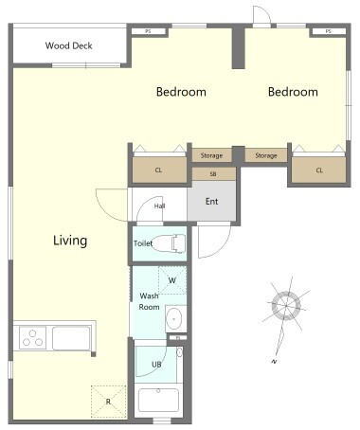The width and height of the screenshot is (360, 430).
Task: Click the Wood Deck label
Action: click(x=68, y=45)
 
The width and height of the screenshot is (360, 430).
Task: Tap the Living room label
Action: click(x=70, y=241)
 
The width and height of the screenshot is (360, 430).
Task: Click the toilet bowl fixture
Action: click(x=169, y=243)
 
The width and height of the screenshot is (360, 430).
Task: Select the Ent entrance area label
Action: click(x=211, y=201)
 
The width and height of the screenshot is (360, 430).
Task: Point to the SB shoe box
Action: click(x=214, y=174)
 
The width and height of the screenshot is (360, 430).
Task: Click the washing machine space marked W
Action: click(x=172, y=280)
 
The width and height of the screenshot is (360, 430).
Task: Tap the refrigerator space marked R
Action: click(x=108, y=402)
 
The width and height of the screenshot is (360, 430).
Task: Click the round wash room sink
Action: click(x=174, y=318)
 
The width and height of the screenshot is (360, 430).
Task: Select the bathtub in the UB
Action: click(x=158, y=401)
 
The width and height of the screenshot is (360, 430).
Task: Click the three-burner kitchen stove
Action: click(x=32, y=338)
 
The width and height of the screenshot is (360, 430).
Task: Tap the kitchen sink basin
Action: click(x=71, y=338)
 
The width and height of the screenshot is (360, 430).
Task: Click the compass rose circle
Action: click(x=286, y=306)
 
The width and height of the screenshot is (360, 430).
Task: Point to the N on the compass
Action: click(x=275, y=362)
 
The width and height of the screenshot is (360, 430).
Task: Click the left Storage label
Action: click(x=211, y=155)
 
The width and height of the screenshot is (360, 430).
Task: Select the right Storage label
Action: click(x=266, y=155)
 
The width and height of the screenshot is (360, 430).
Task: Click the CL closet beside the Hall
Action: click(x=158, y=170)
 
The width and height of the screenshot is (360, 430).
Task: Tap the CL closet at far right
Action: click(x=319, y=170)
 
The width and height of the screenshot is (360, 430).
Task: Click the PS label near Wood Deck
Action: click(x=148, y=31)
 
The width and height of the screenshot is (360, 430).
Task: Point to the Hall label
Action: click(x=159, y=206)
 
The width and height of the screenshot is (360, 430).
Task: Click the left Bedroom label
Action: click(x=181, y=92)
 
